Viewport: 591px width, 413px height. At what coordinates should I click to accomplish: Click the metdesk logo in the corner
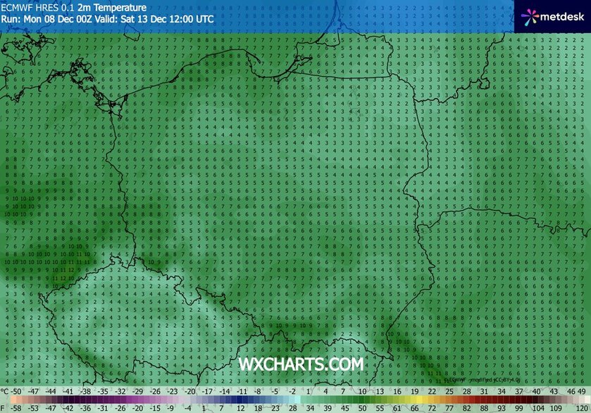coord(553,15)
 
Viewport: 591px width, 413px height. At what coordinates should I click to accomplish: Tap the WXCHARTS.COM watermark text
coord(301,364)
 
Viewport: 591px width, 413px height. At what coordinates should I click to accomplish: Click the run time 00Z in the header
coord(85,19)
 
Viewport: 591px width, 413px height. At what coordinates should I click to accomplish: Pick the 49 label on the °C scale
coord(582,390)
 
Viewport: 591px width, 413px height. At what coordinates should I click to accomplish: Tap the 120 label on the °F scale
coord(581,407)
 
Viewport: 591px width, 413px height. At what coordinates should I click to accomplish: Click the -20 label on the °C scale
coord(191,390)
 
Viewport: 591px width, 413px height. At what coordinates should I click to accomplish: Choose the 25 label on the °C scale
coord(448,390)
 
